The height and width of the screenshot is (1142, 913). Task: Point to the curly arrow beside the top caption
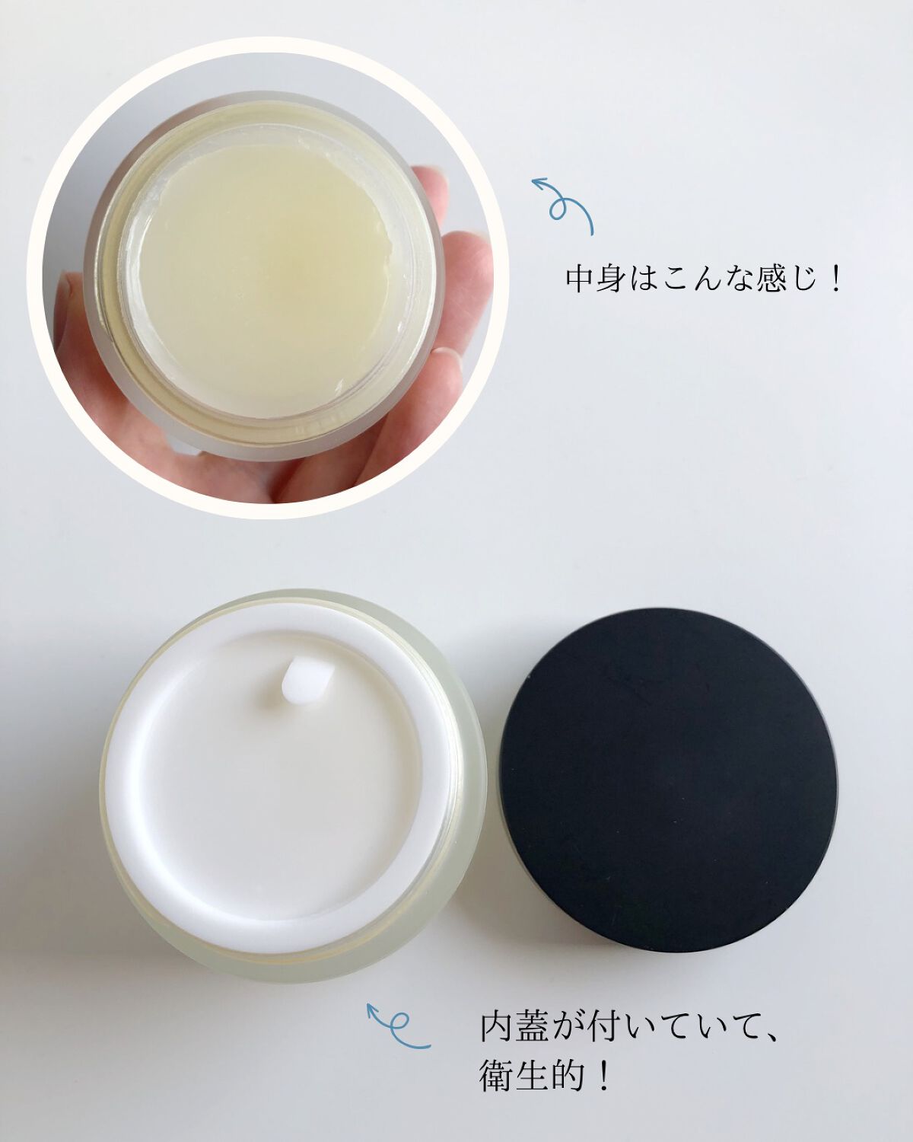click(x=563, y=206)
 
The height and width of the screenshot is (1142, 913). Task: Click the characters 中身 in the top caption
click(x=596, y=279)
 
